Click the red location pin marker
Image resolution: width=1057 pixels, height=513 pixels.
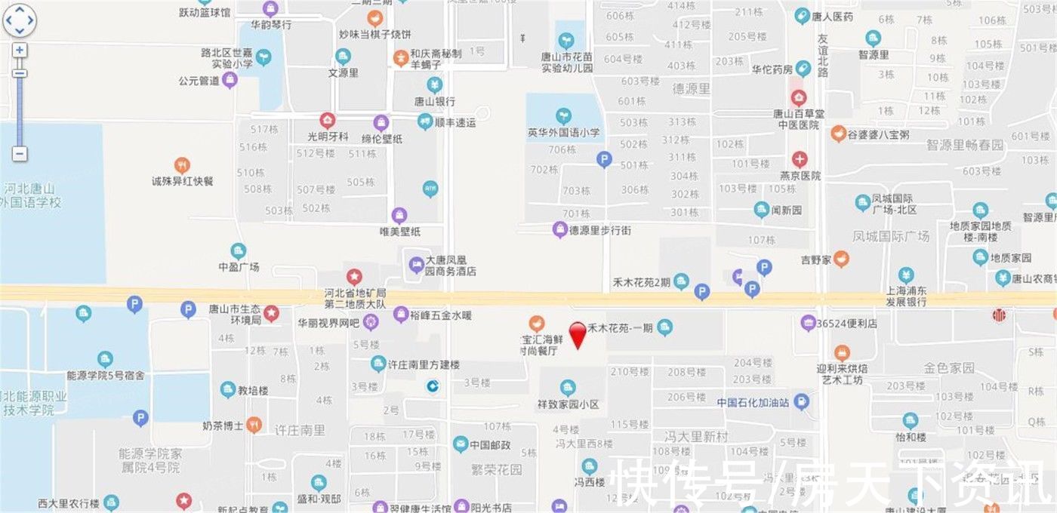pos(578,334)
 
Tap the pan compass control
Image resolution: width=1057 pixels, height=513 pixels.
pos(20,20)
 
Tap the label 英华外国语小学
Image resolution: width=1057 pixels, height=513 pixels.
pos(563,133)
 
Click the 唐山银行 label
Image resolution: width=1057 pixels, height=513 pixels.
pos(434,101)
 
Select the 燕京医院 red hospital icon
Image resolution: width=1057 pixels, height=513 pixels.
pos(800,159)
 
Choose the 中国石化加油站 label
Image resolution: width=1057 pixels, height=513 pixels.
pos(753,402)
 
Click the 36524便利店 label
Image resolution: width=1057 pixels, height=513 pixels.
pos(847,323)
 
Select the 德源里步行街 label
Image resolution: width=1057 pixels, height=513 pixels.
pos(600,229)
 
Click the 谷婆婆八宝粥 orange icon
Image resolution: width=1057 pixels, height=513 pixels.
pos(838,134)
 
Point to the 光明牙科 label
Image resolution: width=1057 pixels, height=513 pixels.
pos(328,137)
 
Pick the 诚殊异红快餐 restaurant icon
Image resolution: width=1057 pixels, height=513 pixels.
pos(182,165)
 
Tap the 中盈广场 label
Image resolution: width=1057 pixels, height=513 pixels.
pos(239,267)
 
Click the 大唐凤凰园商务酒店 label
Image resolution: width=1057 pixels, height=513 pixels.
pos(451,265)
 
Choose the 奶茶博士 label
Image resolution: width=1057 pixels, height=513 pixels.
pos(223,425)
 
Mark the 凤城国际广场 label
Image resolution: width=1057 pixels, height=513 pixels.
pos(891,236)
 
